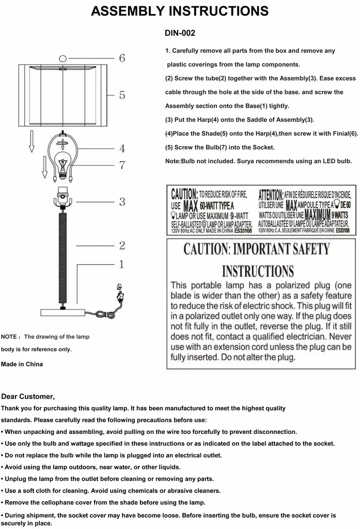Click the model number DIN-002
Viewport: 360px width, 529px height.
point(180,33)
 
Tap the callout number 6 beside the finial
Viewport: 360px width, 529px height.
point(122,58)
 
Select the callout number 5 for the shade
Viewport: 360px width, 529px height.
point(122,95)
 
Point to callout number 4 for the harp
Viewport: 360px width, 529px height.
point(122,149)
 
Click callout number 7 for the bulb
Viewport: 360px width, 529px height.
point(122,165)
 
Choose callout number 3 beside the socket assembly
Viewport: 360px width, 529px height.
point(122,201)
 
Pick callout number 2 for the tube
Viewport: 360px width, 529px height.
point(122,245)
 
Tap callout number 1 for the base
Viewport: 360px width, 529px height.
point(122,264)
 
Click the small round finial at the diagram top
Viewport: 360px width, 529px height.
point(63,58)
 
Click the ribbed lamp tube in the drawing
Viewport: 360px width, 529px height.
point(62,258)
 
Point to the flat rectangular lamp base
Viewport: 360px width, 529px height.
point(63,312)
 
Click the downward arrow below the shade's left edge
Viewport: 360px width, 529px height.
point(32,142)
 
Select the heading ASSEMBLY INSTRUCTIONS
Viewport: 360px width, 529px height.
point(180,11)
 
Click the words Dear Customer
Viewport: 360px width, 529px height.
point(28,396)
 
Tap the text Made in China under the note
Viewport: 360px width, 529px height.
point(22,364)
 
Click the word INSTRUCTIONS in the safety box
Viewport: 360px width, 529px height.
point(258,271)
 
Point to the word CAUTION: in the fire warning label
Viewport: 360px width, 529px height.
point(184,195)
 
